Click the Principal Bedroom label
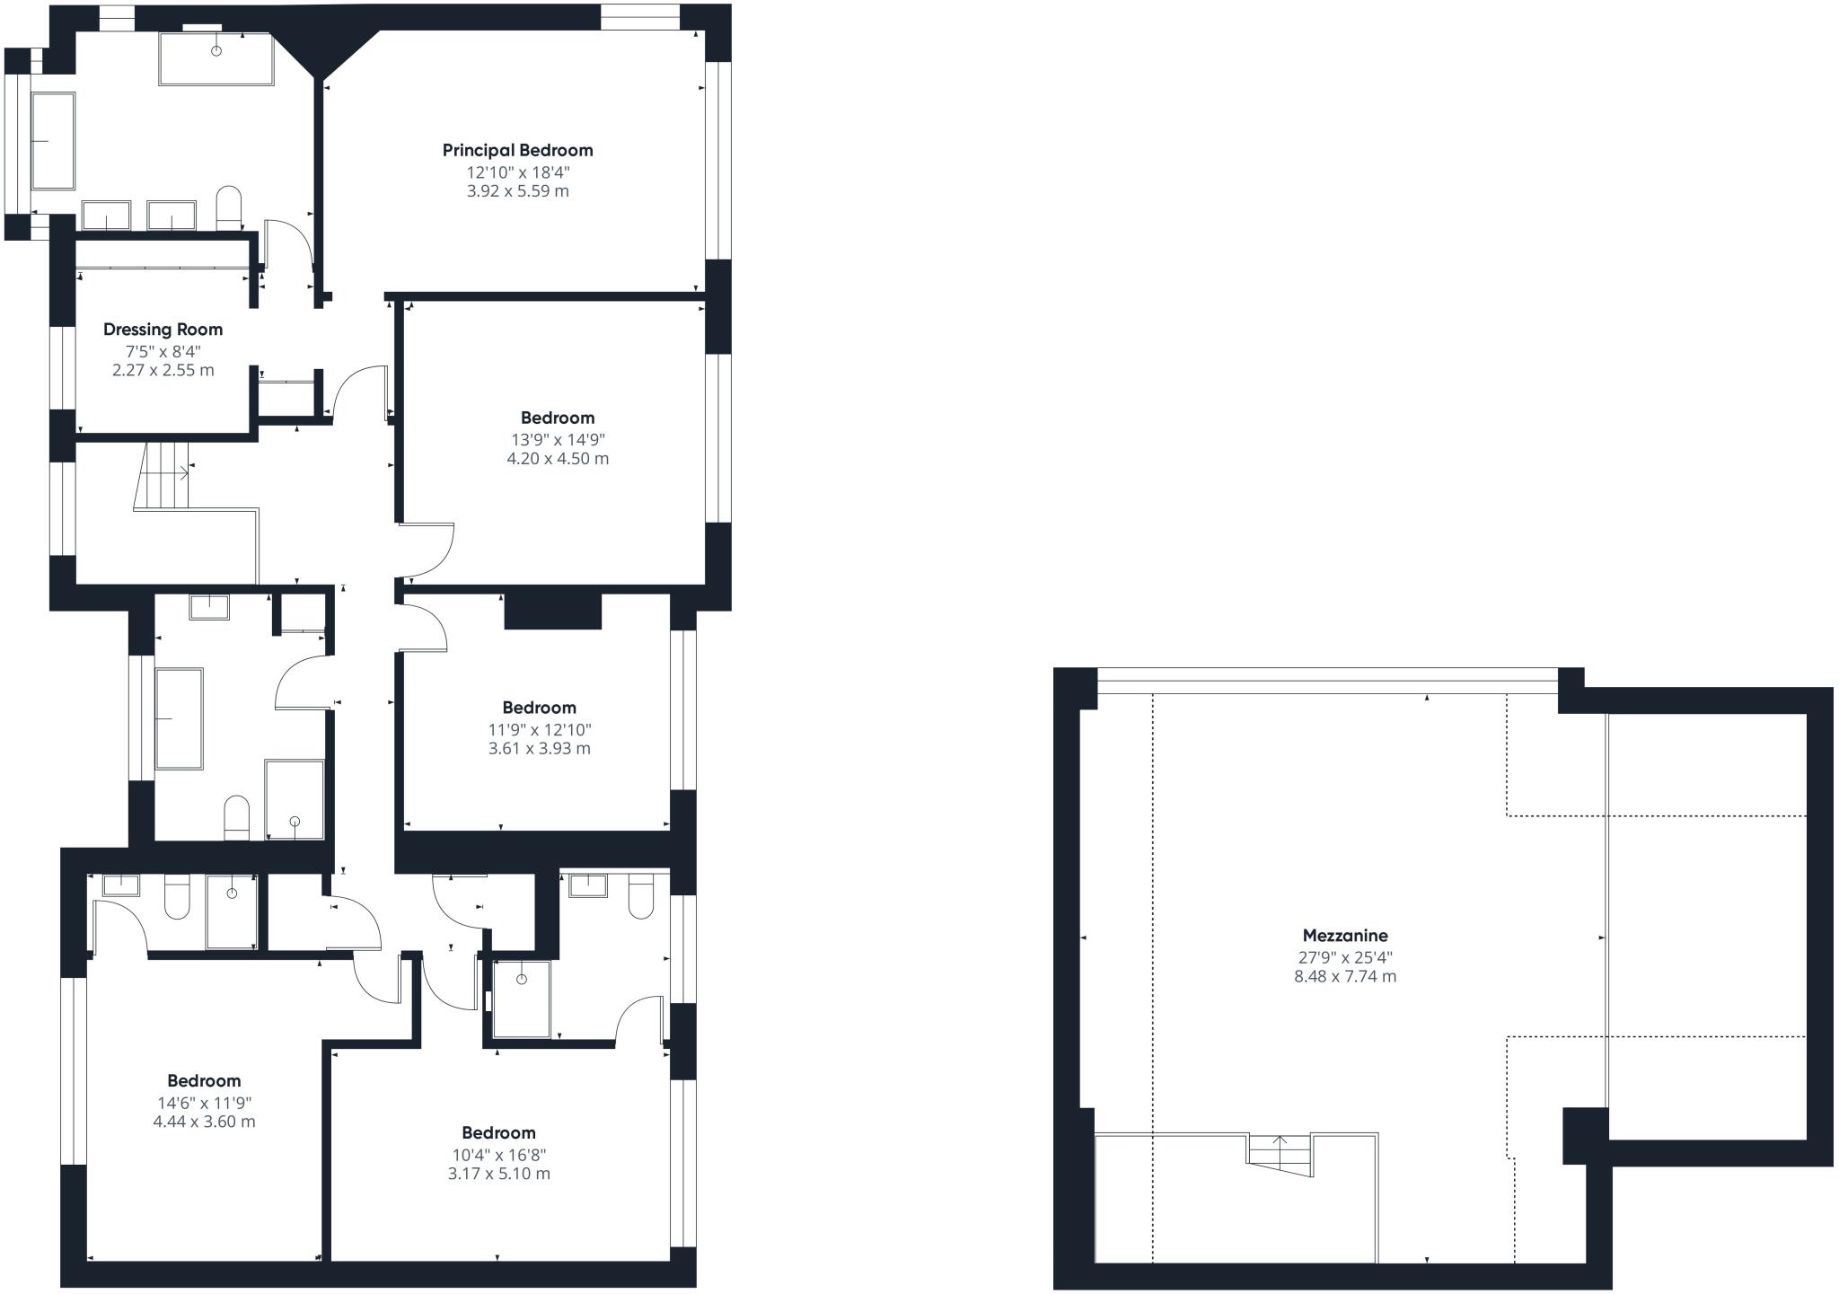pyautogui.click(x=518, y=150)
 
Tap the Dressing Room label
pyautogui.click(x=163, y=330)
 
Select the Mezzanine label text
pyautogui.click(x=1345, y=936)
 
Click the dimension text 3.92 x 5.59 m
pyautogui.click(x=518, y=191)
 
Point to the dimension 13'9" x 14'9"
pyautogui.click(x=558, y=439)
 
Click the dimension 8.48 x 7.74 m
pyautogui.click(x=1345, y=977)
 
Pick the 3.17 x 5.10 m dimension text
pyautogui.click(x=499, y=1174)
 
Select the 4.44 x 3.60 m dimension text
pyautogui.click(x=204, y=1122)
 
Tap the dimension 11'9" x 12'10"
pyautogui.click(x=539, y=729)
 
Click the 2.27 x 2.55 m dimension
pyautogui.click(x=163, y=370)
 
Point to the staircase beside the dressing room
pyautogui.click(x=162, y=476)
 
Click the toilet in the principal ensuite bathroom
pyautogui.click(x=230, y=207)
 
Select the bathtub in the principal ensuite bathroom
pyautogui.click(x=53, y=141)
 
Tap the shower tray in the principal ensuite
pyautogui.click(x=216, y=59)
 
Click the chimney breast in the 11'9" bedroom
pyautogui.click(x=552, y=611)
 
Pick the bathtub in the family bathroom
pyautogui.click(x=179, y=718)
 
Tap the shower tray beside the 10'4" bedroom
pyautogui.click(x=521, y=999)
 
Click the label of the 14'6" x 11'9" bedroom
pyautogui.click(x=204, y=1080)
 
